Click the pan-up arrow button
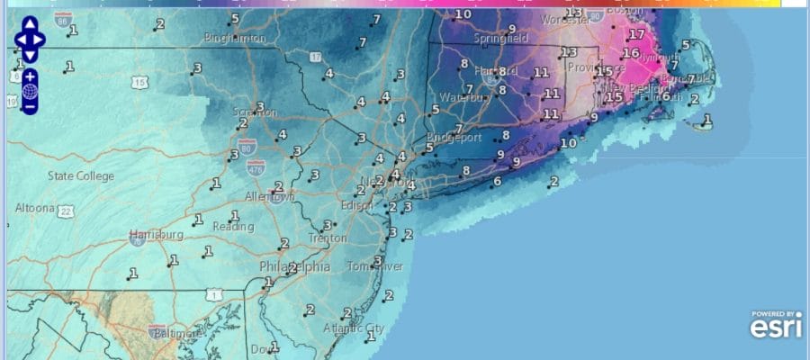[30, 26]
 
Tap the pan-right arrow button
[42, 40]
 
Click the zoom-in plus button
[30, 76]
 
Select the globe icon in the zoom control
[30, 91]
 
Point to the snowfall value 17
[637, 35]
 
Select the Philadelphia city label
[294, 267]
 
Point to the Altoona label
[35, 208]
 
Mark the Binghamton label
[236, 39]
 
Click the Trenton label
[327, 238]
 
